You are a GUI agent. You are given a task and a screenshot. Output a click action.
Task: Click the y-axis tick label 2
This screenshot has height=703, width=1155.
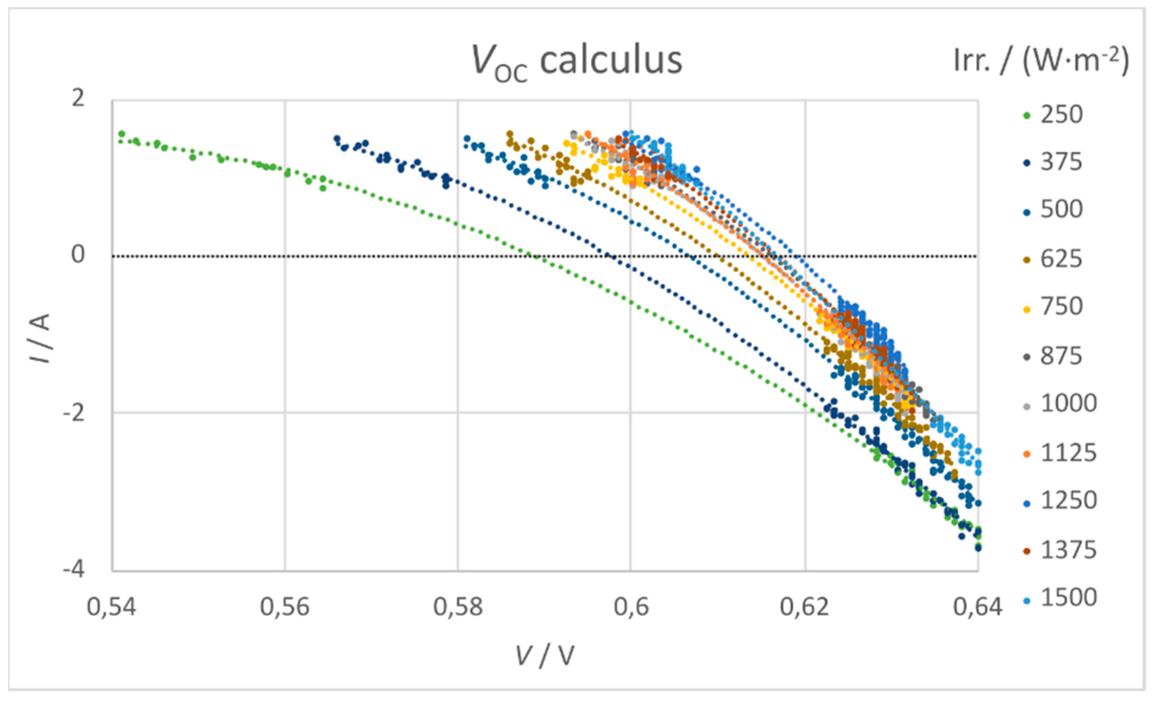[78, 99]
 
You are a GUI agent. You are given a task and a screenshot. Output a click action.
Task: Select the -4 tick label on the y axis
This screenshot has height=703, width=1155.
[74, 570]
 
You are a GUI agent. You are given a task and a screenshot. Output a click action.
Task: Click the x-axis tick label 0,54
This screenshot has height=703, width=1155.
[112, 607]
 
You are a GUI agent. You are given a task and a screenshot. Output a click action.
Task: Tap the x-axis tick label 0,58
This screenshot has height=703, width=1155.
[457, 607]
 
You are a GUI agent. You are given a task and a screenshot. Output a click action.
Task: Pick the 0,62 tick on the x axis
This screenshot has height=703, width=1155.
[804, 607]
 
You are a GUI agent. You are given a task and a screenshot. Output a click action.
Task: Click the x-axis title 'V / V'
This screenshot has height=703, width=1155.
[545, 655]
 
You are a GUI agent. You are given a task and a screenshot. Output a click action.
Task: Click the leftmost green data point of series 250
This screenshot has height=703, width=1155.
[122, 134]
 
